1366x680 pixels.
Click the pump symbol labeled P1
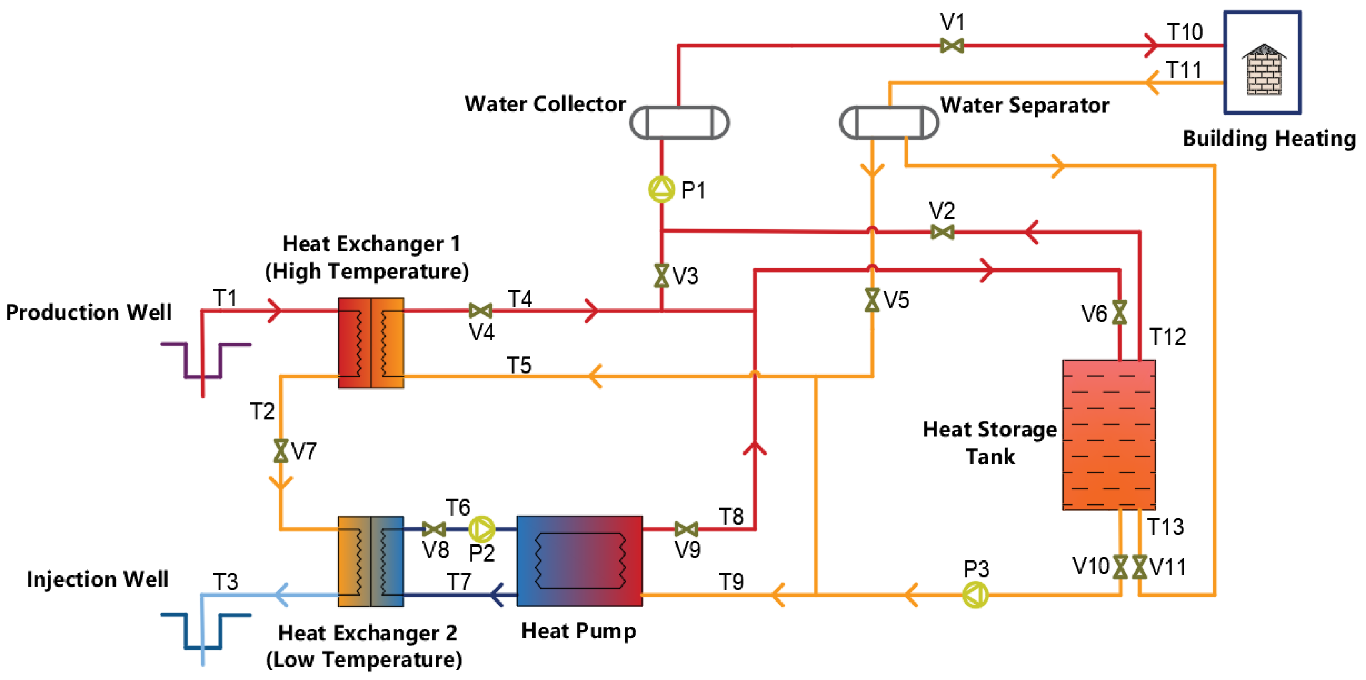pyautogui.click(x=661, y=189)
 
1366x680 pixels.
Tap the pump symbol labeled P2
pyautogui.click(x=482, y=529)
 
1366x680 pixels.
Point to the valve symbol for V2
pyautogui.click(x=942, y=232)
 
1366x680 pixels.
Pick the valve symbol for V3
pyautogui.click(x=661, y=276)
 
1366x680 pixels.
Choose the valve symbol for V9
pyautogui.click(x=686, y=529)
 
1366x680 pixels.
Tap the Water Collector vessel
pyautogui.click(x=679, y=123)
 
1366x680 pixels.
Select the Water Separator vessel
pyautogui.click(x=889, y=123)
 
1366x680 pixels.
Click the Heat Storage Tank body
pyautogui.click(x=1108, y=435)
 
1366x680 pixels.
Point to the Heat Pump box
pyautogui.click(x=579, y=561)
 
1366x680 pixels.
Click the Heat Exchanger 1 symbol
pyautogui.click(x=371, y=343)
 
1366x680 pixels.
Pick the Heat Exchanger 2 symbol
pyautogui.click(x=371, y=561)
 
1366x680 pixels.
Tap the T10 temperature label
pyautogui.click(x=1185, y=33)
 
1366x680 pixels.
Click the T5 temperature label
pyautogui.click(x=519, y=365)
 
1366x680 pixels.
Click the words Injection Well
pyautogui.click(x=98, y=579)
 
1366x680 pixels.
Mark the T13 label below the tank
pyautogui.click(x=1165, y=527)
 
